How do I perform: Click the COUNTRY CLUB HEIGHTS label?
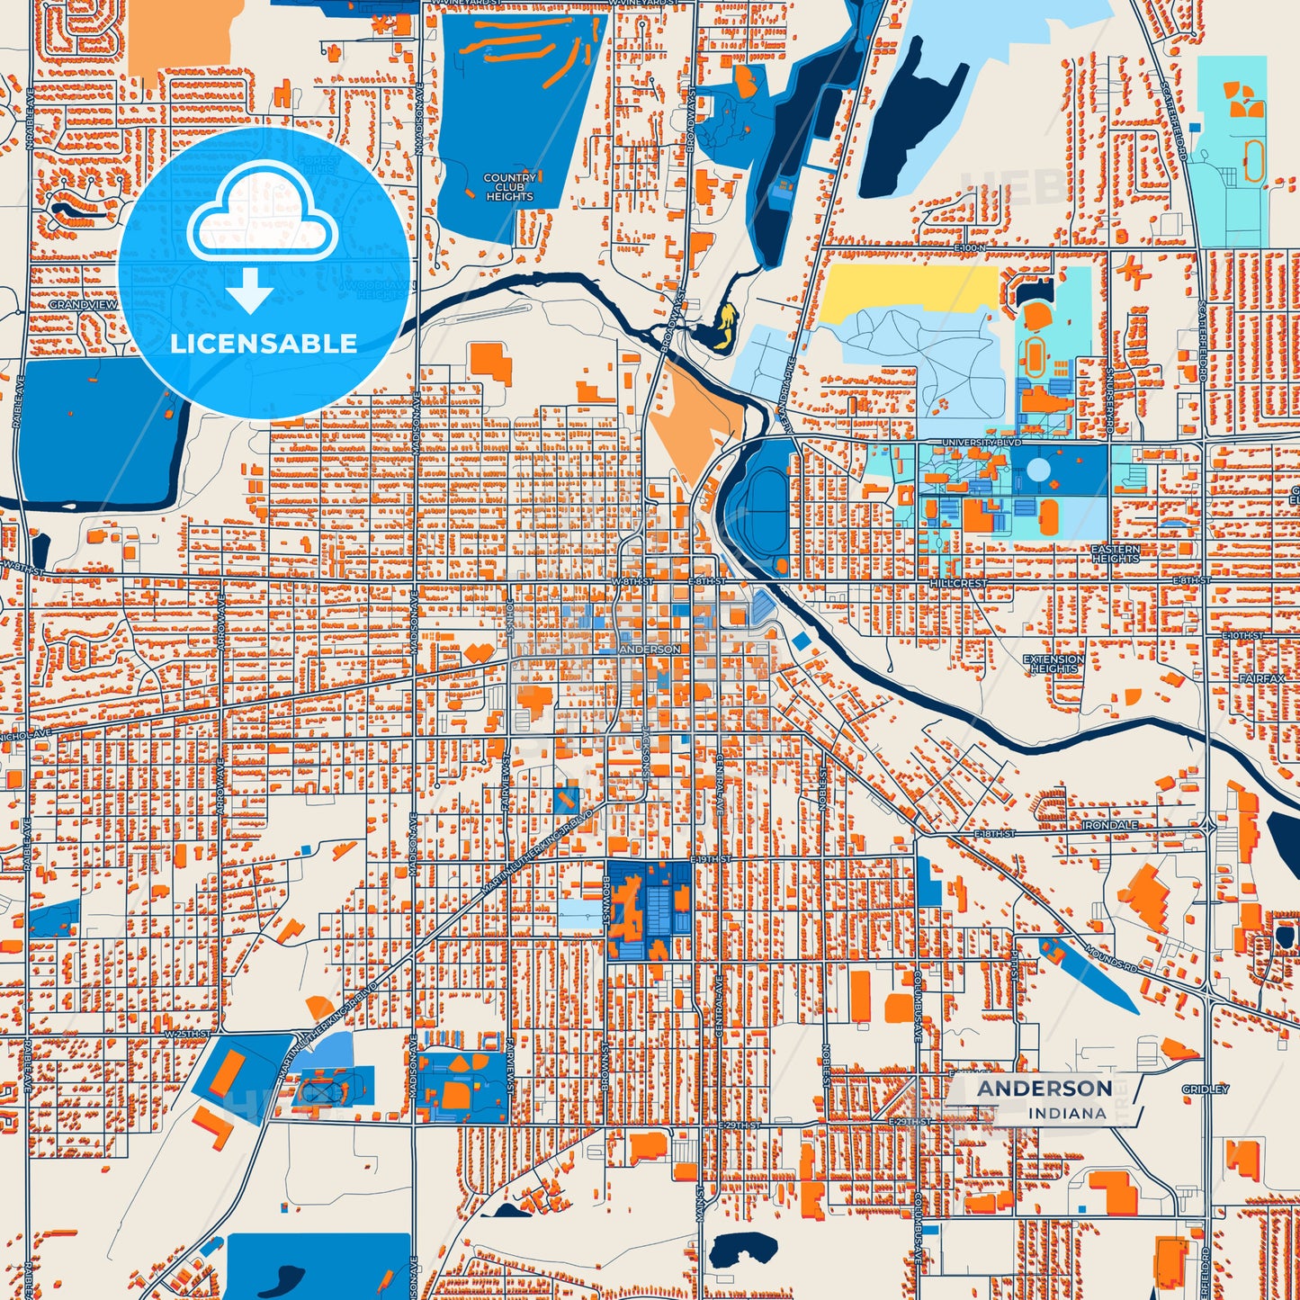509,187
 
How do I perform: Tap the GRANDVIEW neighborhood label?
83,305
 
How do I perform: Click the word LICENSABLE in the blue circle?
264,343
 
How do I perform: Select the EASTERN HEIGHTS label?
1115,553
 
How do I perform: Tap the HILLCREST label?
958,584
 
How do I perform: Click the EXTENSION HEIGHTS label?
1053,664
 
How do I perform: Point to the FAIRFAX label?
1261,678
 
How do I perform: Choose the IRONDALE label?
1109,825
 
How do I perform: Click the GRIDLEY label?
1205,1089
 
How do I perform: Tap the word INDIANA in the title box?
1067,1113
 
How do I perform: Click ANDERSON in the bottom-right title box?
1044,1089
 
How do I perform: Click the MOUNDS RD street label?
1110,957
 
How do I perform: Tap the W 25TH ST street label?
186,1035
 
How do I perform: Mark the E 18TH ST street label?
994,834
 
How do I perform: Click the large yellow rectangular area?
909,290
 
